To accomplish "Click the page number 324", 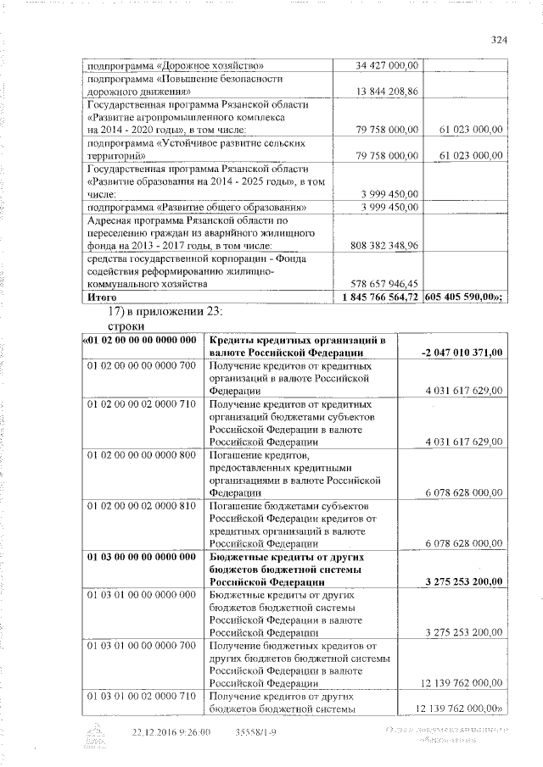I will (498, 38).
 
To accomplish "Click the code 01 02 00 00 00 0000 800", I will (141, 455).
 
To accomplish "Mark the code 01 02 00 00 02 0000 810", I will (141, 506).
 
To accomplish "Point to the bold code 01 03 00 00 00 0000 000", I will (141, 557).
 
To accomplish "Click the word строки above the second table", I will (126, 326).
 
